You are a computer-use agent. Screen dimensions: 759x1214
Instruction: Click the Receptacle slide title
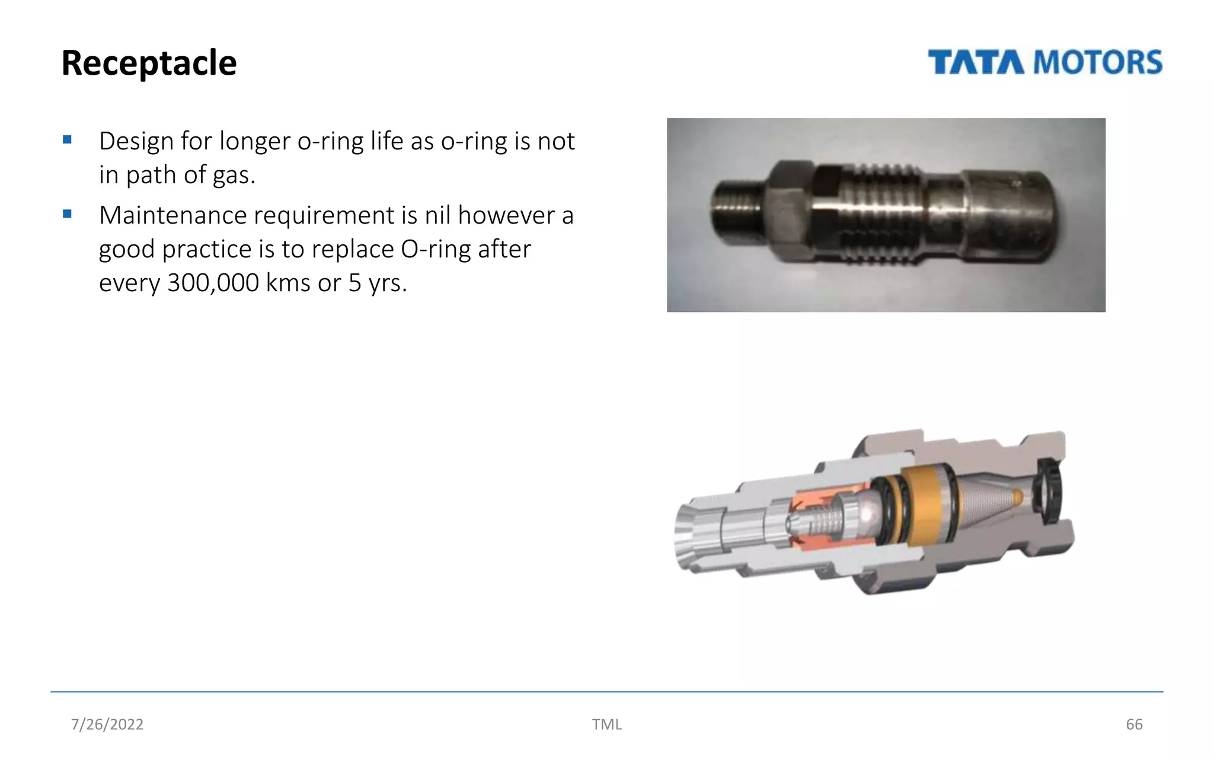[149, 63]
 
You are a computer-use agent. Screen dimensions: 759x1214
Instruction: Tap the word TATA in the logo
[976, 63]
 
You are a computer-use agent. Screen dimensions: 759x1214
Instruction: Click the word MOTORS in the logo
[1098, 63]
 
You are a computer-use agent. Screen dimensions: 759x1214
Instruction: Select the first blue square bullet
[67, 140]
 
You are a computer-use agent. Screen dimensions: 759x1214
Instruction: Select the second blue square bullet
[67, 214]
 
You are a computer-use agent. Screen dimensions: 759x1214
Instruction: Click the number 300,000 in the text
[213, 283]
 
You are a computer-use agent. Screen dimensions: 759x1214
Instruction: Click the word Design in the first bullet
[136, 141]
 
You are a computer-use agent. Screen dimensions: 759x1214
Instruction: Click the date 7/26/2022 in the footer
[107, 724]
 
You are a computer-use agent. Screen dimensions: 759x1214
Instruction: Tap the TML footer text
[606, 724]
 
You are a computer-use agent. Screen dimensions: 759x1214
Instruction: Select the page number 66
[1134, 724]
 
